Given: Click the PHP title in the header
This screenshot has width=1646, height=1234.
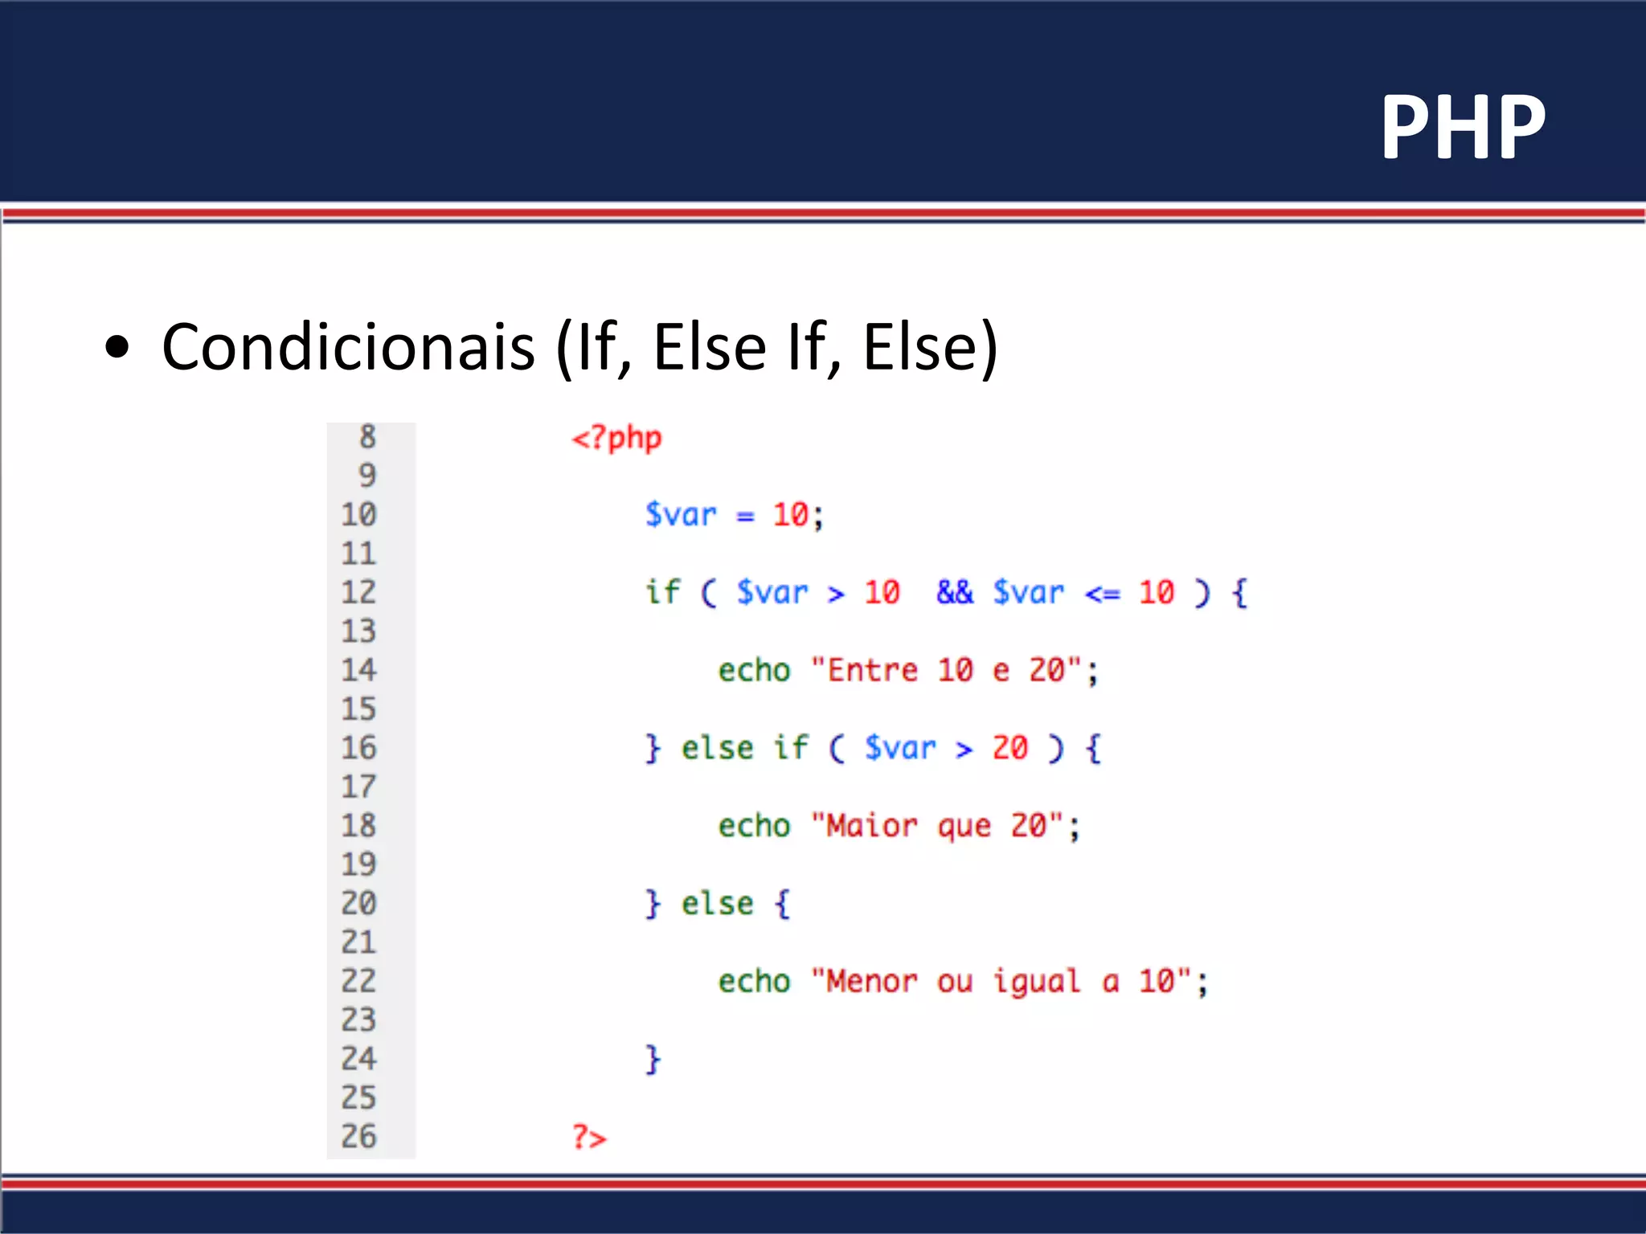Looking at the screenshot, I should pyautogui.click(x=1463, y=127).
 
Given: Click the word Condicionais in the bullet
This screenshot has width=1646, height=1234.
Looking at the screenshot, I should pyautogui.click(x=348, y=347).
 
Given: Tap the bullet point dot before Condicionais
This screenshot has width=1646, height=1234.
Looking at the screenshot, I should pyautogui.click(x=117, y=348).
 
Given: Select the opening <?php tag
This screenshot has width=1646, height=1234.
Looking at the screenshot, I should pyautogui.click(x=616, y=439).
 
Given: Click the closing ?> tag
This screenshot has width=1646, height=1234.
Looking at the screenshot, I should pyautogui.click(x=589, y=1138).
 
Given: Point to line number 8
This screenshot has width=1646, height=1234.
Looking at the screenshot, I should pyautogui.click(x=367, y=437).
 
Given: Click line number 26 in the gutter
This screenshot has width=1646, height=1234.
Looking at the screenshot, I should pyautogui.click(x=358, y=1136).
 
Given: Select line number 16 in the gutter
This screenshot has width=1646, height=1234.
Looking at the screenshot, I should pyautogui.click(x=358, y=748).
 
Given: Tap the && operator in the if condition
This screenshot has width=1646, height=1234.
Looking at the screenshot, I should pyautogui.click(x=954, y=592).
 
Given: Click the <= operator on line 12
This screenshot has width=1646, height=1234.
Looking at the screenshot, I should pyautogui.click(x=1102, y=594).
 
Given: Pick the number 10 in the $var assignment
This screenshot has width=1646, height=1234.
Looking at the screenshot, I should pyautogui.click(x=790, y=515).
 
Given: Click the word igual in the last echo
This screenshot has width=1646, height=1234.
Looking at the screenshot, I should pyautogui.click(x=1037, y=982).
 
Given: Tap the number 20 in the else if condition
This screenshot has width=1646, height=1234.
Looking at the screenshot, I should pyautogui.click(x=1009, y=748).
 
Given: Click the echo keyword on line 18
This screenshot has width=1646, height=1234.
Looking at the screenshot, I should pyautogui.click(x=754, y=826).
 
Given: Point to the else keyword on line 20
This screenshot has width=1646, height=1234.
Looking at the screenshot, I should pyautogui.click(x=717, y=904).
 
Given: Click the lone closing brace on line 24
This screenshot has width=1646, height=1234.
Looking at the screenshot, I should pyautogui.click(x=653, y=1060).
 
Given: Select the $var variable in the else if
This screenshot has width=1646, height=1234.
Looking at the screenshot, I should pyautogui.click(x=900, y=748).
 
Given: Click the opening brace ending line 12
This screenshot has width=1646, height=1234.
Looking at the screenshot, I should pyautogui.click(x=1240, y=593).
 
